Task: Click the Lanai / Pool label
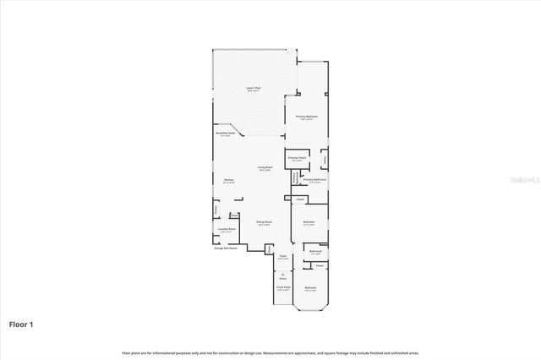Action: (252, 89)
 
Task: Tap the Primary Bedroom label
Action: (306, 117)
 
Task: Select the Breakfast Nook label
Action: (225, 134)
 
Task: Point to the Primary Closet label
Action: (296, 158)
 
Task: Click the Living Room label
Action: (265, 168)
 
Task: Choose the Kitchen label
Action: (228, 180)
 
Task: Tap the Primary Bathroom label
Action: (314, 180)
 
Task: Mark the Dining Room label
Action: (265, 223)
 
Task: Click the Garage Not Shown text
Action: (226, 248)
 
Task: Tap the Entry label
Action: (283, 277)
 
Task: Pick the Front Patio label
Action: (283, 288)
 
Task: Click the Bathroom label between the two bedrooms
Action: (314, 251)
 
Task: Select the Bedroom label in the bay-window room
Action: (310, 289)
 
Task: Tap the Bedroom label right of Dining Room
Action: (309, 222)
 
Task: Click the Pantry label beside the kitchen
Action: (216, 209)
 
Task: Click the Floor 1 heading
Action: (21, 323)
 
